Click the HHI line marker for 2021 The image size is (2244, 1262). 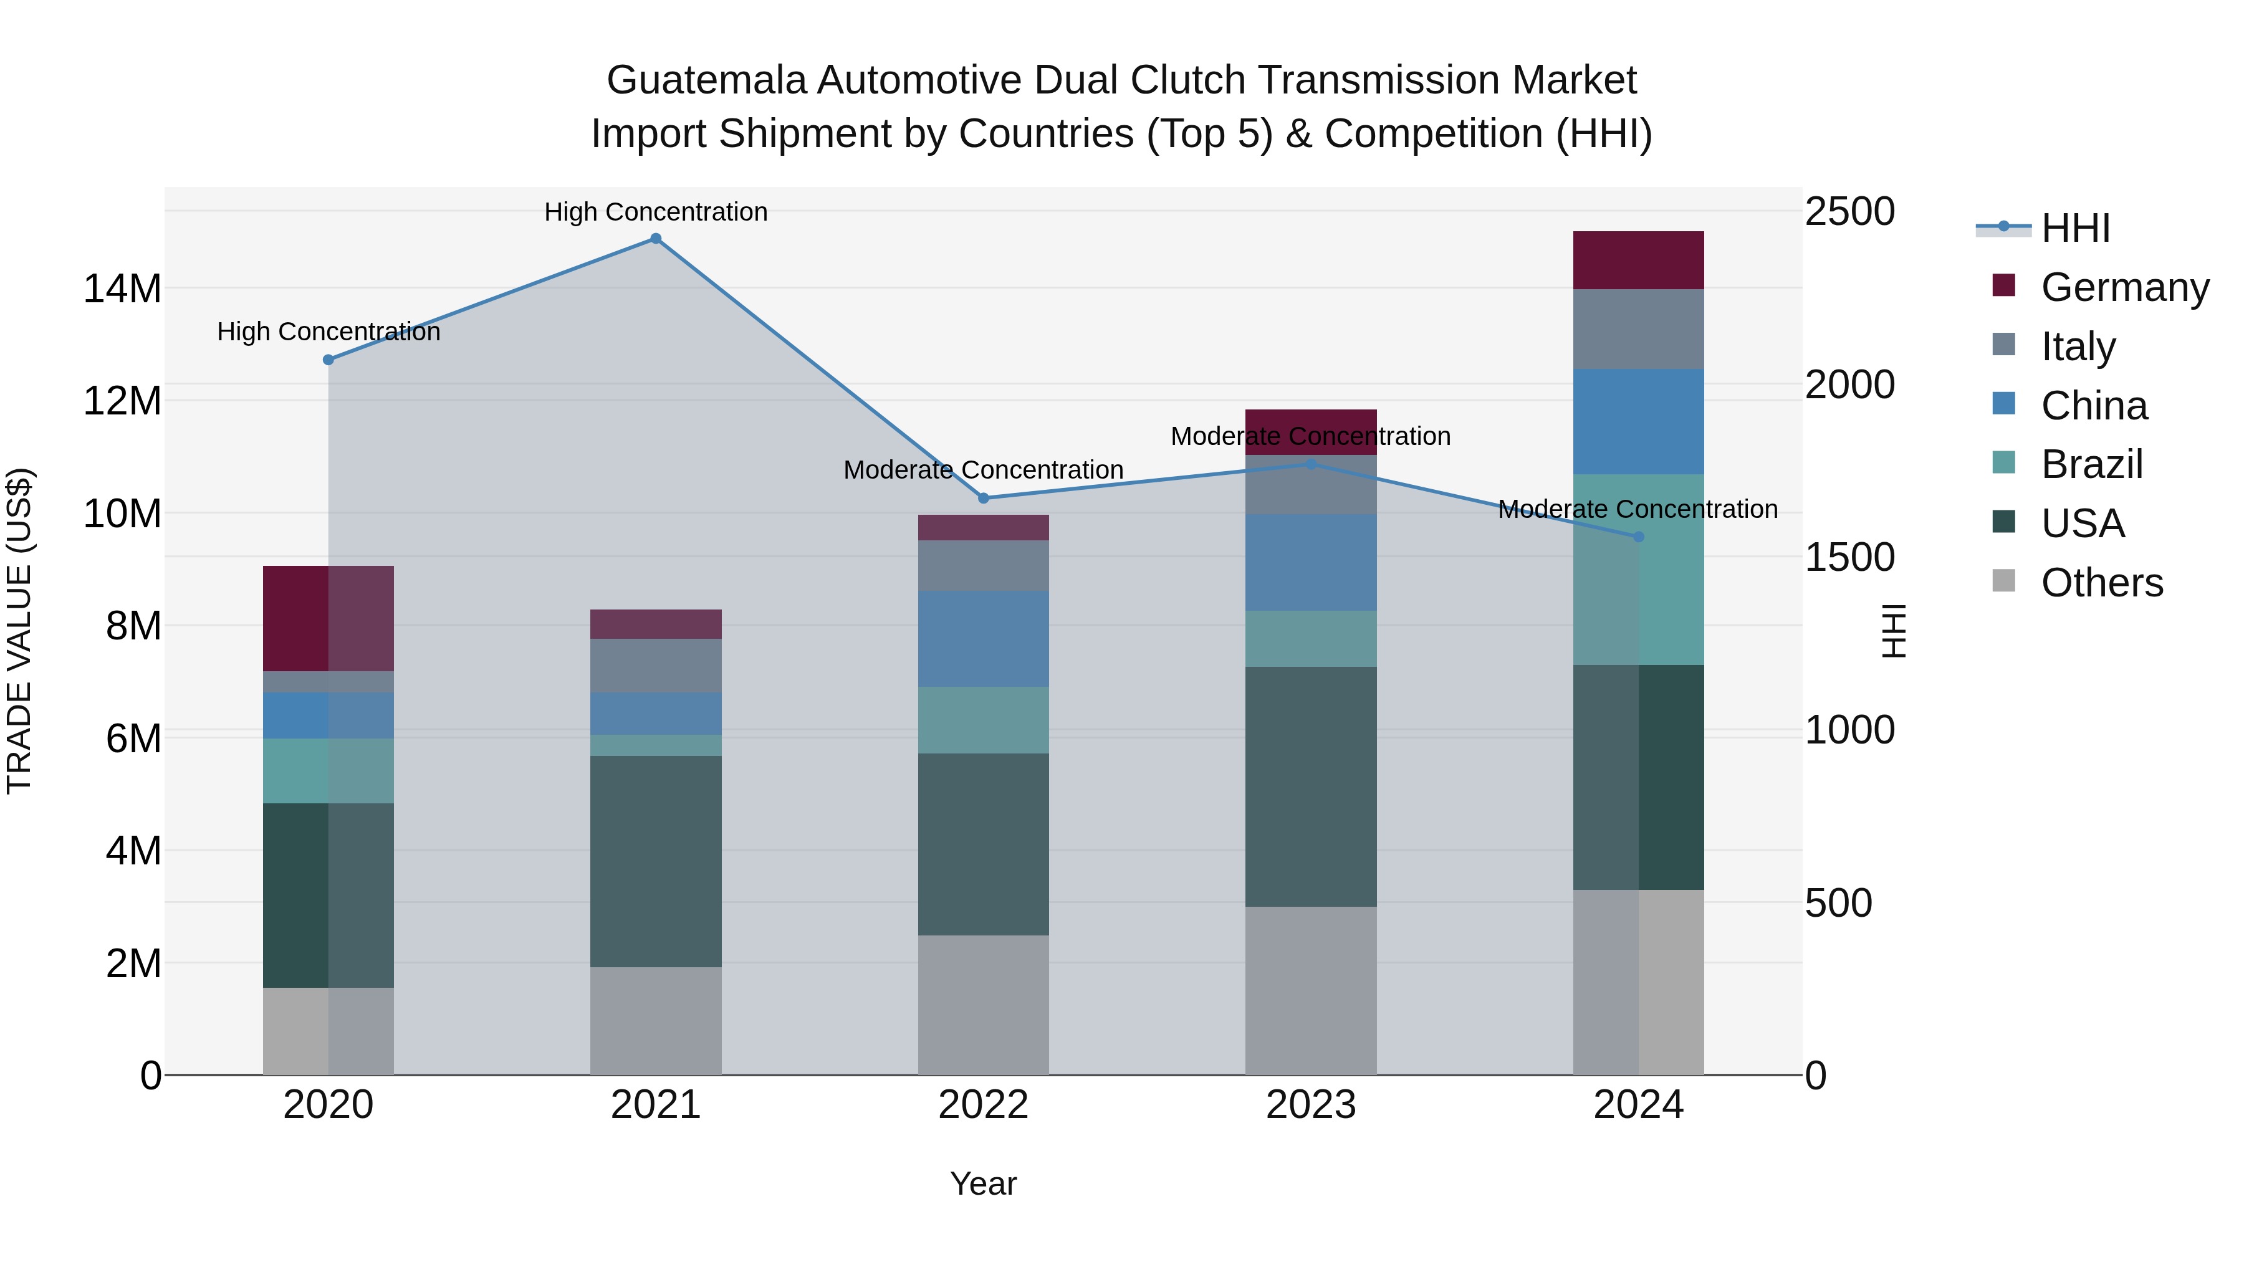656,239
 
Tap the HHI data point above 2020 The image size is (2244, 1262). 328,360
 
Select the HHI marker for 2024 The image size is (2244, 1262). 1639,537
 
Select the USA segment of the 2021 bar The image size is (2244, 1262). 656,861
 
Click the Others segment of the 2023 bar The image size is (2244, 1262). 1311,990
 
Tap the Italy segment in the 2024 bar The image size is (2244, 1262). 1639,328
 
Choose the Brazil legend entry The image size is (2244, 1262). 2091,464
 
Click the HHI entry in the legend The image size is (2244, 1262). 2074,228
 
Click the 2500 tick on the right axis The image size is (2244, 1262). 1849,212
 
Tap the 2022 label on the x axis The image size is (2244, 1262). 984,1105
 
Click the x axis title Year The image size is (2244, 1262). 984,1183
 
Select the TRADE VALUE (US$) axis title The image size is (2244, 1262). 19,631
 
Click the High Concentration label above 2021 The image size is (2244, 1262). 656,212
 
